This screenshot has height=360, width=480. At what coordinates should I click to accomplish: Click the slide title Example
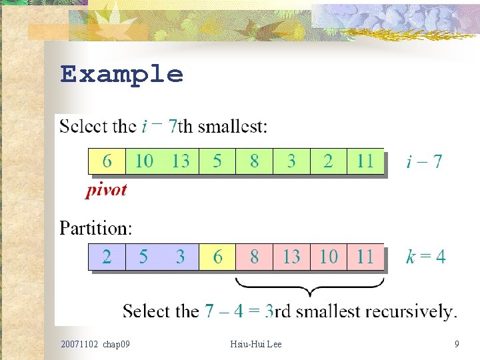point(121,74)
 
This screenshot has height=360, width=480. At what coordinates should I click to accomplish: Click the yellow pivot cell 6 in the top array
point(107,161)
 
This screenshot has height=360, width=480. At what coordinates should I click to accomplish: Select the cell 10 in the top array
point(144,161)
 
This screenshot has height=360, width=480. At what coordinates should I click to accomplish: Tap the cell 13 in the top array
point(181,161)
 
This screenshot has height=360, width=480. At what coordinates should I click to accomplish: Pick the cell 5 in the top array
point(217,161)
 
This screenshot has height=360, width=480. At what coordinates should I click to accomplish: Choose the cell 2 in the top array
point(328,161)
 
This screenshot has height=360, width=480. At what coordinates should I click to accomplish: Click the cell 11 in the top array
point(365,161)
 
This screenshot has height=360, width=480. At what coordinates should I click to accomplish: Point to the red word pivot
point(106,190)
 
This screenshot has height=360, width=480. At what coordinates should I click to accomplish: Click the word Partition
point(96,229)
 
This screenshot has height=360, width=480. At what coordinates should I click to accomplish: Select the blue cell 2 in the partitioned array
point(107,257)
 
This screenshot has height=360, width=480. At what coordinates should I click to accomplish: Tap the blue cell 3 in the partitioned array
point(181,257)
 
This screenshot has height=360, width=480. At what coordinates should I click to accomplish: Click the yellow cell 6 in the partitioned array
point(217,257)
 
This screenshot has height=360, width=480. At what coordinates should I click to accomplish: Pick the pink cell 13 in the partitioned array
point(291,257)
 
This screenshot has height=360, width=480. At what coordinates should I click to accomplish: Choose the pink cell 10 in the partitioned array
point(328,257)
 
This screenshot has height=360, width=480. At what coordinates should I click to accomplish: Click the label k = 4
point(425,257)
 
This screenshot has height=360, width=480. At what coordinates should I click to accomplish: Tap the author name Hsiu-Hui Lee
point(256,344)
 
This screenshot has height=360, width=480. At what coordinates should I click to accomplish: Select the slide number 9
point(457,344)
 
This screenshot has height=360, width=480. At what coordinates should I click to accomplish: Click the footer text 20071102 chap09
point(95,344)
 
